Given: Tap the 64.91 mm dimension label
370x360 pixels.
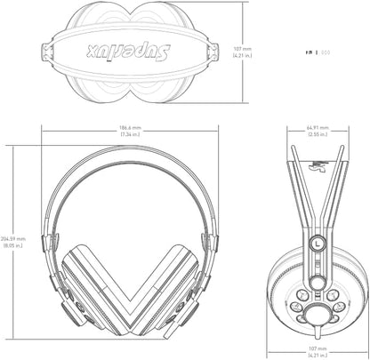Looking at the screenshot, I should tap(314, 127).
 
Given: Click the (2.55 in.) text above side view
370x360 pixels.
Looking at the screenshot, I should tap(314, 134).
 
